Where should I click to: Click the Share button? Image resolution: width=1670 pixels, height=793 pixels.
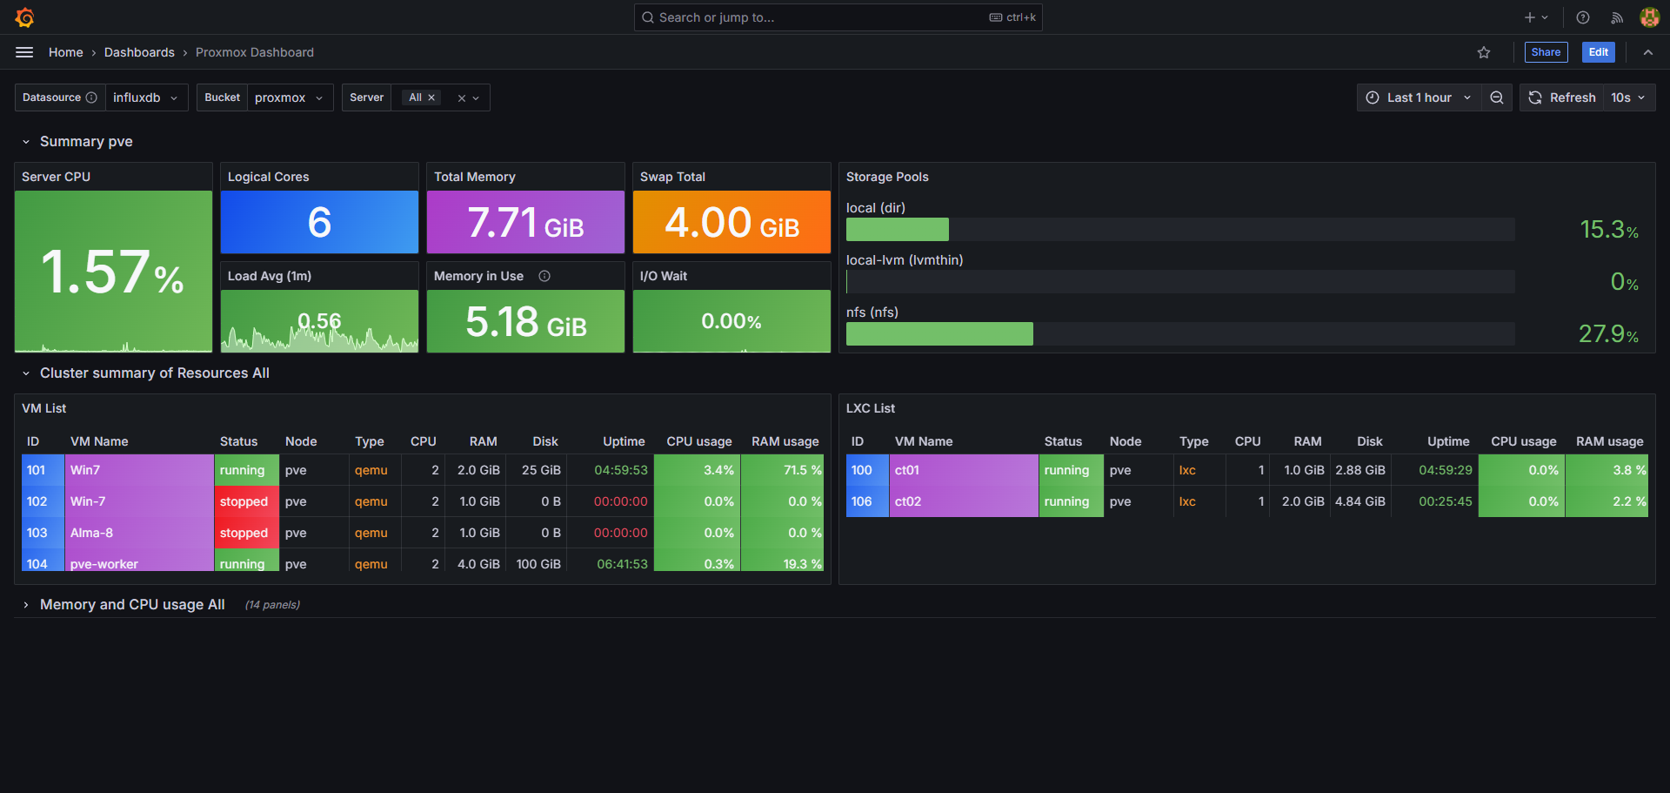pyautogui.click(x=1546, y=52)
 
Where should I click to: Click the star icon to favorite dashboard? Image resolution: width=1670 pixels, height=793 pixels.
pyautogui.click(x=1484, y=52)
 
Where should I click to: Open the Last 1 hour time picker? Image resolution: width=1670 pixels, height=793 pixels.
pyautogui.click(x=1419, y=97)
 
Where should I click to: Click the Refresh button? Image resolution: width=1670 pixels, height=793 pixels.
pyautogui.click(x=1563, y=97)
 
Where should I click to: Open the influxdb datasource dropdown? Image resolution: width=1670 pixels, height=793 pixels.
pyautogui.click(x=145, y=97)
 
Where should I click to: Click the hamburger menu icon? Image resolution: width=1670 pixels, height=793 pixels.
pyautogui.click(x=24, y=52)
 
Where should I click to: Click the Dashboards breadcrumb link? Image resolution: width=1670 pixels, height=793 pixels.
pyautogui.click(x=139, y=52)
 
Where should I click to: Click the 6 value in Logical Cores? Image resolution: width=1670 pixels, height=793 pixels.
pyautogui.click(x=319, y=222)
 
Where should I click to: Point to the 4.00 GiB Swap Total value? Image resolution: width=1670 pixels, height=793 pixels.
pyautogui.click(x=731, y=223)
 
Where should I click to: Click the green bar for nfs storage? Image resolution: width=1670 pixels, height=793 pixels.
pyautogui.click(x=939, y=333)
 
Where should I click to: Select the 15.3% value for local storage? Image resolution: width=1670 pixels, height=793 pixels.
pyautogui.click(x=1608, y=230)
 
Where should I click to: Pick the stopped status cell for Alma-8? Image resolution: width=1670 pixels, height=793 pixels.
pyautogui.click(x=244, y=533)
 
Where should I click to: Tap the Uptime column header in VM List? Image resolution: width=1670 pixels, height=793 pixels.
pyautogui.click(x=624, y=441)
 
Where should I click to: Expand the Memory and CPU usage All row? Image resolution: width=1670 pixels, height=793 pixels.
pyautogui.click(x=132, y=604)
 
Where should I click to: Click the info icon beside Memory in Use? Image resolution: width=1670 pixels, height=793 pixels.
pyautogui.click(x=544, y=276)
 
